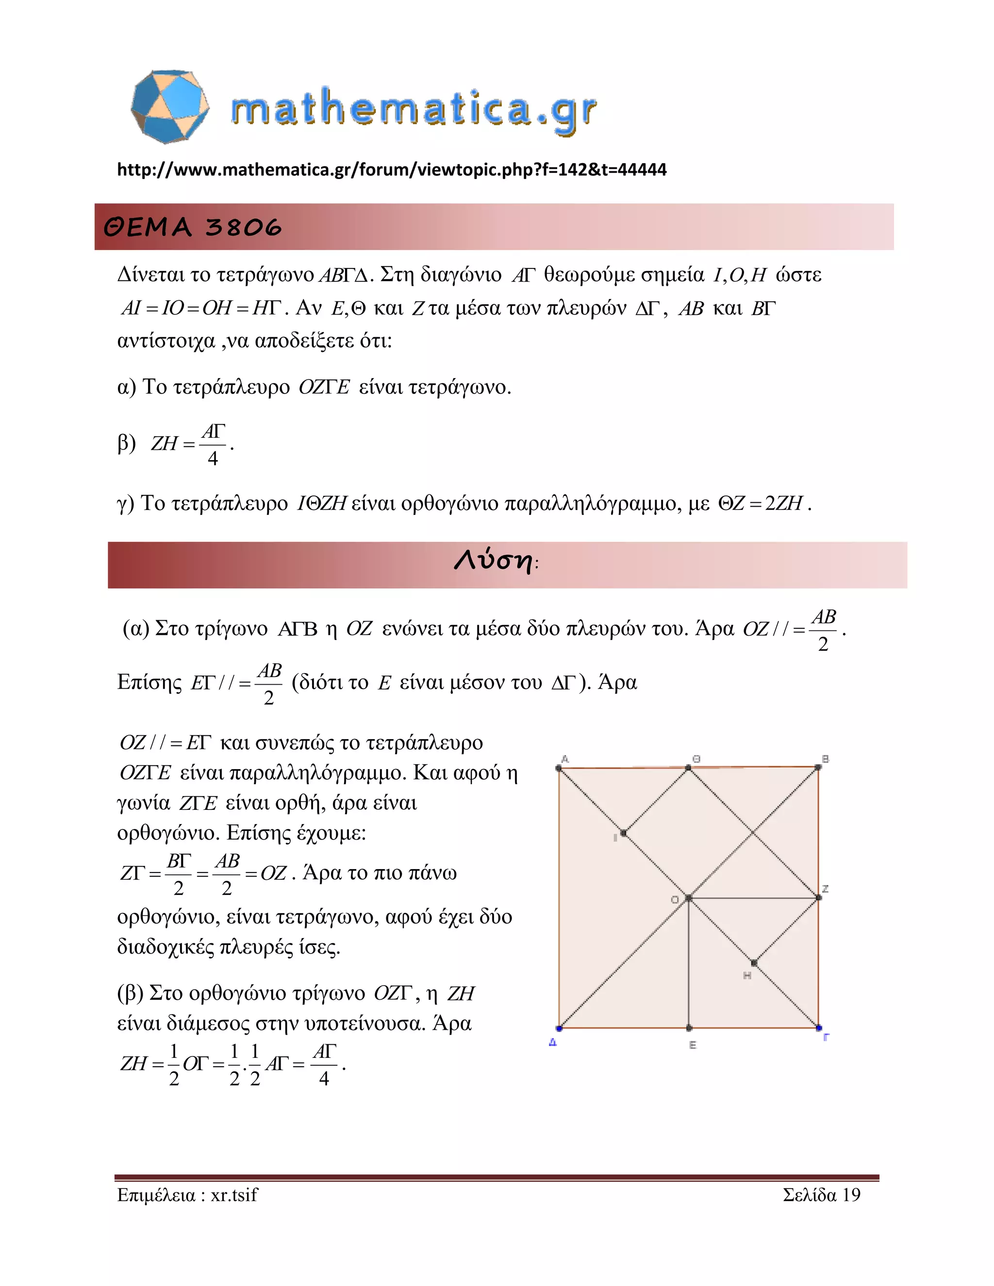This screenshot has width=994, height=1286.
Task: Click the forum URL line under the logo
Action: click(x=392, y=169)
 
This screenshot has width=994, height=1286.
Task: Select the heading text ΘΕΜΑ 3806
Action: click(x=193, y=227)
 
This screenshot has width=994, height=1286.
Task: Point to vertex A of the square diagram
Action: click(x=559, y=768)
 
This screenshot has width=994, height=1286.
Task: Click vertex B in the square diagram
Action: click(x=818, y=767)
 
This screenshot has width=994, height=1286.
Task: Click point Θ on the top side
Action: click(x=688, y=768)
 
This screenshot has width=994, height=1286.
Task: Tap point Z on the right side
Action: click(x=818, y=898)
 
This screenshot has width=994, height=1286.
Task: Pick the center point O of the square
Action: click(x=688, y=898)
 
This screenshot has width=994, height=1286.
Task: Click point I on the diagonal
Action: click(x=624, y=833)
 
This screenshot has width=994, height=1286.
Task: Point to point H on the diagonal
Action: click(x=754, y=963)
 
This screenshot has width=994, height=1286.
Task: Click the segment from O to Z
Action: click(x=754, y=898)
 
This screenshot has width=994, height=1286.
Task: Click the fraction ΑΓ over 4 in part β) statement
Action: click(x=213, y=445)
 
